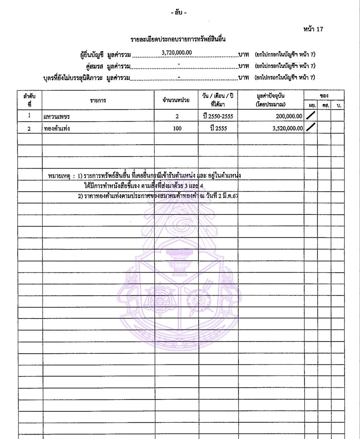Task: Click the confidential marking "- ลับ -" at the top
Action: [x=179, y=13]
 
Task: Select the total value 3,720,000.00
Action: [x=177, y=53]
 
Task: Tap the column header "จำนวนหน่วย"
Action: [x=176, y=100]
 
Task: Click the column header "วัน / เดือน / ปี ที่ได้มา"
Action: [x=218, y=100]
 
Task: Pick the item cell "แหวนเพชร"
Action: [x=57, y=117]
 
